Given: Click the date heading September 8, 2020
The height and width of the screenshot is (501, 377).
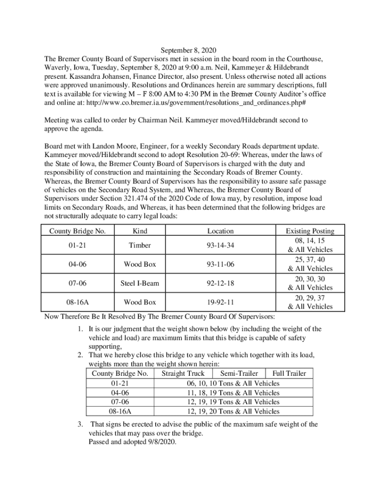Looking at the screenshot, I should (188, 50).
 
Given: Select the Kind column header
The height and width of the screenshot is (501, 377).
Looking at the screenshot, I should (140, 231).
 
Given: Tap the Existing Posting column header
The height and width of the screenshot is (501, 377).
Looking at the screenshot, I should (310, 231).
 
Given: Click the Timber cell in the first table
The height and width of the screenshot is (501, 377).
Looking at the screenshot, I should (140, 245).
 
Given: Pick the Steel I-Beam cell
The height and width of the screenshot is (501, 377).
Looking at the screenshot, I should (140, 283).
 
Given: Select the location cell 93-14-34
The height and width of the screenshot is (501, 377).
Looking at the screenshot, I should (220, 245).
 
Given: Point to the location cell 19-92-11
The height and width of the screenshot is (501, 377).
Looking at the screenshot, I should (220, 302).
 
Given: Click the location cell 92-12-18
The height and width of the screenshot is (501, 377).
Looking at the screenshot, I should (220, 283).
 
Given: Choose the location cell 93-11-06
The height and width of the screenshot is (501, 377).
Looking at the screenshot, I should (220, 264).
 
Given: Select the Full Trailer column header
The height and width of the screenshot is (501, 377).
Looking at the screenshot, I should (289, 373).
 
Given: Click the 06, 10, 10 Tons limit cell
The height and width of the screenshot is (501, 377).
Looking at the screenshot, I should (233, 383).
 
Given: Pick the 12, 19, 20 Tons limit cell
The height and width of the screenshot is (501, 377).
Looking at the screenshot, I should (233, 411).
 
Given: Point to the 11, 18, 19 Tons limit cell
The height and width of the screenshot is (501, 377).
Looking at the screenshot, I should (233, 392).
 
